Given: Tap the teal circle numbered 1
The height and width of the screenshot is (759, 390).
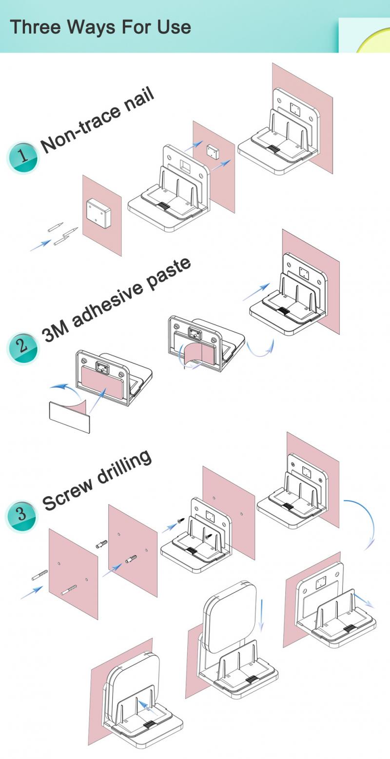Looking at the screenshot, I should click(23, 158).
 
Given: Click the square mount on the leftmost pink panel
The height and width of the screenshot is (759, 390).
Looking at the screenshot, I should click(98, 212).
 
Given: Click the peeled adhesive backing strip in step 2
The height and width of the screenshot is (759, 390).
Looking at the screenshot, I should click(69, 417).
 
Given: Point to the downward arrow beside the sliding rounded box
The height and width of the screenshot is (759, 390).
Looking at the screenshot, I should click(262, 615).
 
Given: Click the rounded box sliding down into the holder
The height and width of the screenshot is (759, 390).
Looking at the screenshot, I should click(229, 617).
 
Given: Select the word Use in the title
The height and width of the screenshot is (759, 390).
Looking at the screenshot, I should click(174, 26).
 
